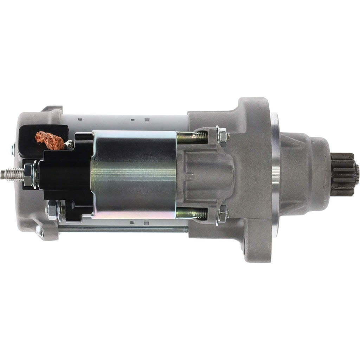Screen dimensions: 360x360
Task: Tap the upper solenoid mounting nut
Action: click(221, 136)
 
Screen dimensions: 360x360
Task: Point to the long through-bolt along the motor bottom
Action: click(123, 229)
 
